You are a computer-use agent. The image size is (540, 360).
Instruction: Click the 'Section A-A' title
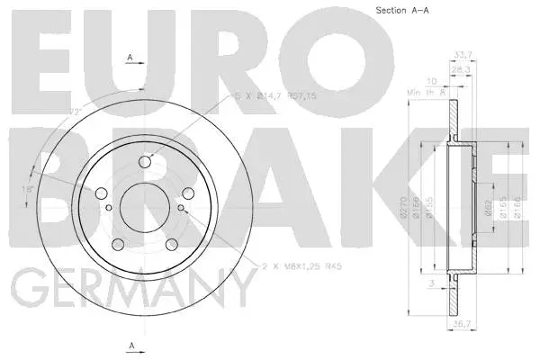[x=401, y=11]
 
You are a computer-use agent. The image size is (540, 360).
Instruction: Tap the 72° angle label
[x=75, y=112]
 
